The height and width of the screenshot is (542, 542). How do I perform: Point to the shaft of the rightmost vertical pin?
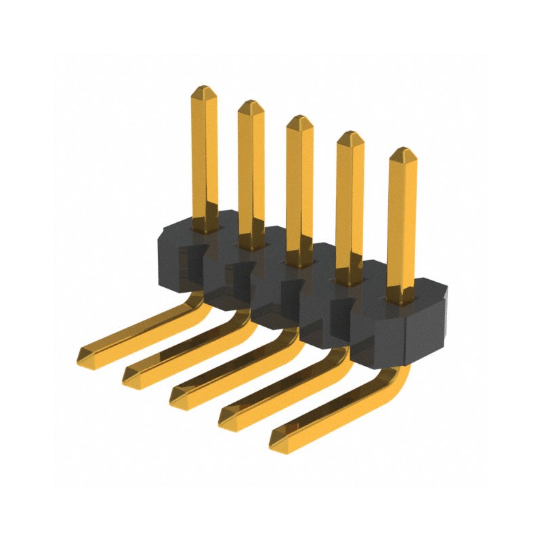(x=402, y=224)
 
